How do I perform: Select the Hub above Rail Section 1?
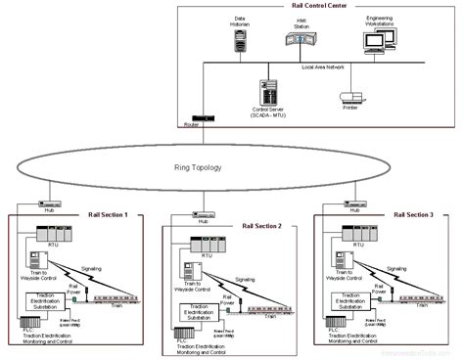pyautogui.click(x=48, y=205)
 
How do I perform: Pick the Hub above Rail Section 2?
pyautogui.click(x=203, y=213)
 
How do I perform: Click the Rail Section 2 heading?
pyautogui.click(x=261, y=226)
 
